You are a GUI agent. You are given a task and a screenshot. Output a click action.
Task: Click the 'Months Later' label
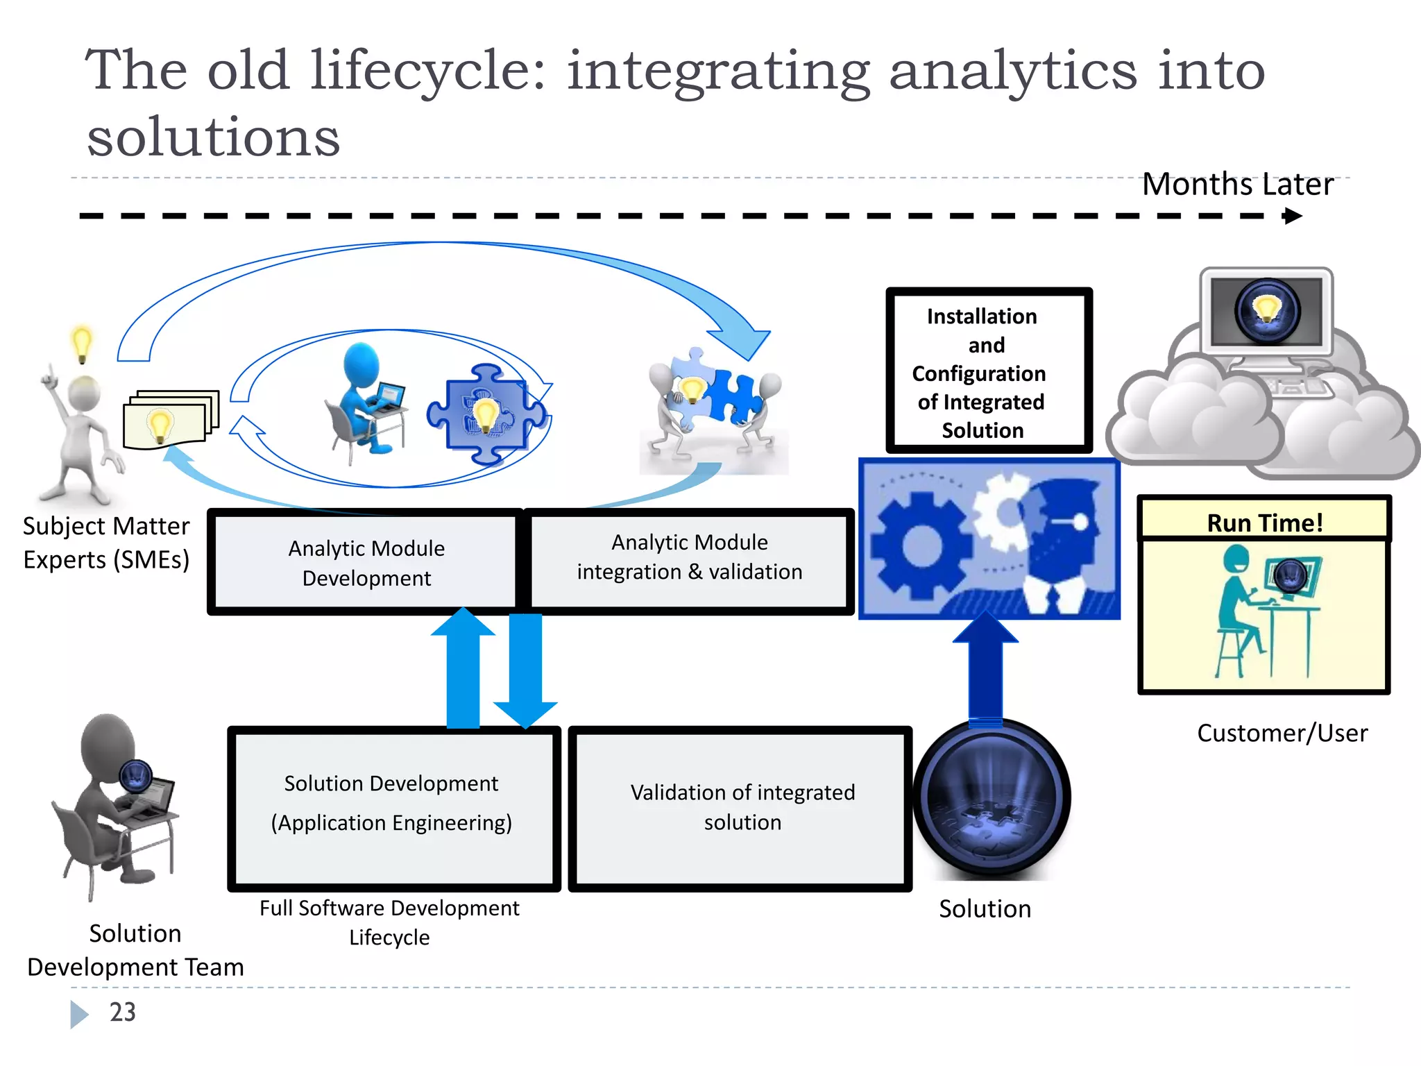pyautogui.click(x=1237, y=185)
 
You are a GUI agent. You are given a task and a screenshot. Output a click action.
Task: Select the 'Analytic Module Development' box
pyautogui.click(x=366, y=563)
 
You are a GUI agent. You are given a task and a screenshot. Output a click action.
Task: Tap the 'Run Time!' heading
pyautogui.click(x=1264, y=522)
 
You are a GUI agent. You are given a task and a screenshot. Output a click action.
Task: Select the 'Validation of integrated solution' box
pyautogui.click(x=741, y=807)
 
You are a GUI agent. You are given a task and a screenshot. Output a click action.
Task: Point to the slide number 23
pyautogui.click(x=123, y=1012)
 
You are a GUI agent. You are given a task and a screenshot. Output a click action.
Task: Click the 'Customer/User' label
pyautogui.click(x=1282, y=733)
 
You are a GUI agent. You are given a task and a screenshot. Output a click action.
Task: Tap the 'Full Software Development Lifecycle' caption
pyautogui.click(x=389, y=922)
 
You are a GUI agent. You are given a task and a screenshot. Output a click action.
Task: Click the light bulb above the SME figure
pyautogui.click(x=82, y=343)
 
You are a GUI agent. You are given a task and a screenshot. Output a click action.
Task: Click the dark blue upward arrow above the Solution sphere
pyautogui.click(x=985, y=666)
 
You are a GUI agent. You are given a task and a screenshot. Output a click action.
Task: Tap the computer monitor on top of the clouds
pyautogui.click(x=1267, y=312)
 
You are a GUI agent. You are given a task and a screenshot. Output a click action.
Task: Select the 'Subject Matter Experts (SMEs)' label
pyautogui.click(x=105, y=543)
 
